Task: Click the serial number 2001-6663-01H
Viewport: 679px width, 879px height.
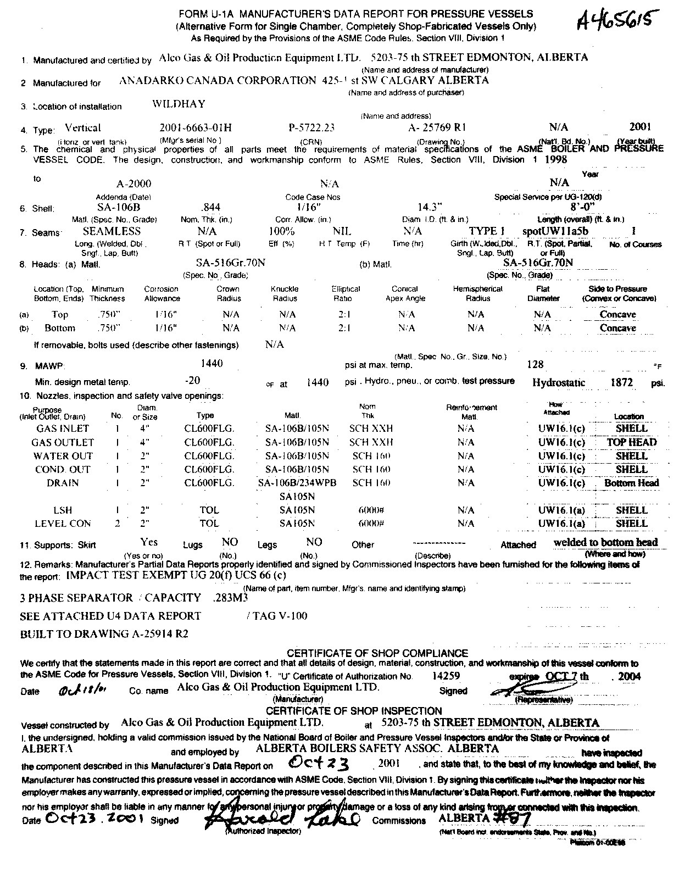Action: tap(196, 127)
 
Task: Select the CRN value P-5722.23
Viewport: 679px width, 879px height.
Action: tap(311, 127)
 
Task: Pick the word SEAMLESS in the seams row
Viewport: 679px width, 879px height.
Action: tap(112, 231)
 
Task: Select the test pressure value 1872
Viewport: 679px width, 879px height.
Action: tap(622, 382)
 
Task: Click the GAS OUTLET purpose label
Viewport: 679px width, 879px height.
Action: tap(63, 442)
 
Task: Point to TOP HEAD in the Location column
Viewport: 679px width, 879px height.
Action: tap(631, 442)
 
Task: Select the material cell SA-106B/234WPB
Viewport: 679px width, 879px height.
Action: tap(297, 483)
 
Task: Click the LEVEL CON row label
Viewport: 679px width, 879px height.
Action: tap(63, 524)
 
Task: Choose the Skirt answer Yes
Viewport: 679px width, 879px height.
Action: tap(149, 542)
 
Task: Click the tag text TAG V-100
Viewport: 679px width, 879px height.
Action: tap(280, 616)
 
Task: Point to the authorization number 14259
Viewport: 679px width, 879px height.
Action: tap(446, 676)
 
